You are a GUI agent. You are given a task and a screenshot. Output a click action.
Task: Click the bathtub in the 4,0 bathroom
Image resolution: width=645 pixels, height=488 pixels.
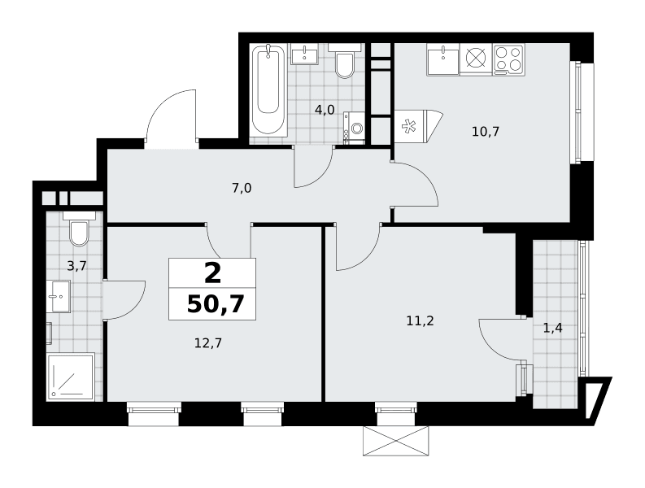(x=268, y=89)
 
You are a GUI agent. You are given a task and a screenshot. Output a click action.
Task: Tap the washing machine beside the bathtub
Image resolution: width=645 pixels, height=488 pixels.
(x=354, y=128)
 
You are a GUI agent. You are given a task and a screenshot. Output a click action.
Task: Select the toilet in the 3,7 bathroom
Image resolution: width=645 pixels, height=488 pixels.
(x=79, y=229)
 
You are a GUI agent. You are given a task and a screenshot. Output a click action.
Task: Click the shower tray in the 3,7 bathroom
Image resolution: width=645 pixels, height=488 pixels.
(x=71, y=377)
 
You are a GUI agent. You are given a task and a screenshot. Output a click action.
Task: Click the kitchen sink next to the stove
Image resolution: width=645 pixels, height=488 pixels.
(x=443, y=60)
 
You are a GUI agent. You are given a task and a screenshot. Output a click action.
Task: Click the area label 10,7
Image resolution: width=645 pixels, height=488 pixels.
(x=486, y=132)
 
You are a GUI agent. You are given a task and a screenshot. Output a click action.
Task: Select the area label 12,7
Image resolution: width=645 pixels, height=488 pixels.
(x=207, y=342)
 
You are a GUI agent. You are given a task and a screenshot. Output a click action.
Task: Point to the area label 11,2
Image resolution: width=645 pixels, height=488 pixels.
(x=420, y=321)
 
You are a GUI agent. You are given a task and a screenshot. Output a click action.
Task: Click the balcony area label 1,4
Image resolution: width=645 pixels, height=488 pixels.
(x=553, y=329)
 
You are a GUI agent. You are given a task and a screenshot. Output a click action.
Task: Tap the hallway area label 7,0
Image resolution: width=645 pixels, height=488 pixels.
(x=242, y=189)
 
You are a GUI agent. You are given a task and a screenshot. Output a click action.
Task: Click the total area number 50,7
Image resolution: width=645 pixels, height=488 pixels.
(x=216, y=304)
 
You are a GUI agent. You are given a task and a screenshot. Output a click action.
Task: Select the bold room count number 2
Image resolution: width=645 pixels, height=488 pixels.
(x=212, y=274)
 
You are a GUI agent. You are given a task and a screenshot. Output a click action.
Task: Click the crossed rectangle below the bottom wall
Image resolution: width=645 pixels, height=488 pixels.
(x=396, y=441)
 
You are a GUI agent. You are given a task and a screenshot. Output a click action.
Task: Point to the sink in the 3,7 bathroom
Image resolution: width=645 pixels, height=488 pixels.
(x=58, y=296)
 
